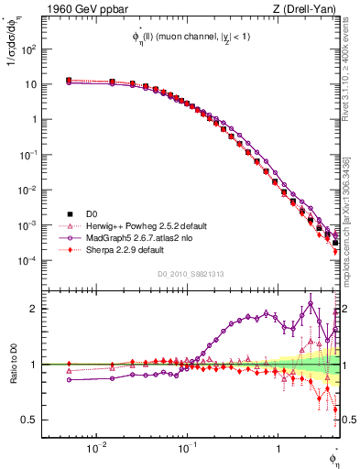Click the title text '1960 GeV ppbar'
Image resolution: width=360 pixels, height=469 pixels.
click(x=74, y=9)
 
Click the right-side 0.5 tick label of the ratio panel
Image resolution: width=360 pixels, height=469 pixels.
click(x=349, y=420)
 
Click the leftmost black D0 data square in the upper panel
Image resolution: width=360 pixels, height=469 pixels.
click(x=69, y=81)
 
